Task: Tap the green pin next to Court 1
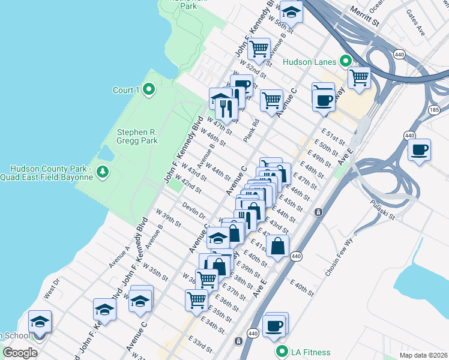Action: [149, 90]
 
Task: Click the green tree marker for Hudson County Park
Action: [103, 172]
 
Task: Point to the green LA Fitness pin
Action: [280, 351]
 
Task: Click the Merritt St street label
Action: [367, 22]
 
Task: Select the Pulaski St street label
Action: [382, 209]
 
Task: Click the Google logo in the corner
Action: [20, 352]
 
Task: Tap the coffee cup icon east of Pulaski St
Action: [420, 149]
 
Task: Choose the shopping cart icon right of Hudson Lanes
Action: [359, 77]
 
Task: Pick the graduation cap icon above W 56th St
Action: [291, 11]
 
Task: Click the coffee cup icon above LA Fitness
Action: [274, 325]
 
